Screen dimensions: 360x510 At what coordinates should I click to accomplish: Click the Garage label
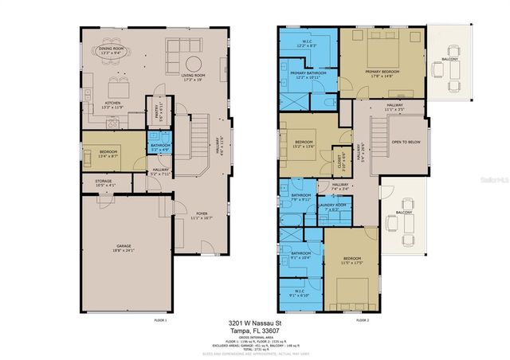coord(123,248)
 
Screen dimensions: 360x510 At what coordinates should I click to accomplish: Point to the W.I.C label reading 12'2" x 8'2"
coord(307,44)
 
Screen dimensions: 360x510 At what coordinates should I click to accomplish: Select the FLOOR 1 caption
coord(160,319)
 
